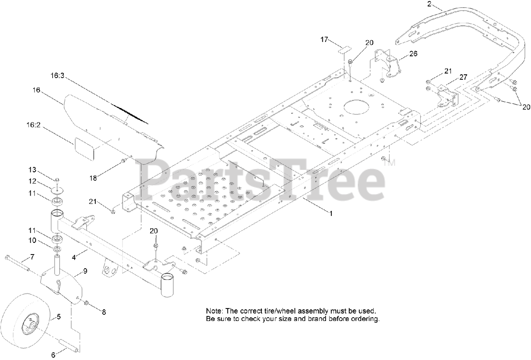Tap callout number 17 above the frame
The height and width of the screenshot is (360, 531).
click(324, 39)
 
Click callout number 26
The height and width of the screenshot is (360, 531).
click(414, 54)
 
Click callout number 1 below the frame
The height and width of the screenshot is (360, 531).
click(331, 213)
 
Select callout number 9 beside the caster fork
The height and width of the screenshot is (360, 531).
click(85, 271)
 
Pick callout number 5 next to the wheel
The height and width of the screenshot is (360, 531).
click(58, 316)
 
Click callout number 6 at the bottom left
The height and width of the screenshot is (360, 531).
click(53, 355)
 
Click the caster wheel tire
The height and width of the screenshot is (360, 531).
click(17, 324)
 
